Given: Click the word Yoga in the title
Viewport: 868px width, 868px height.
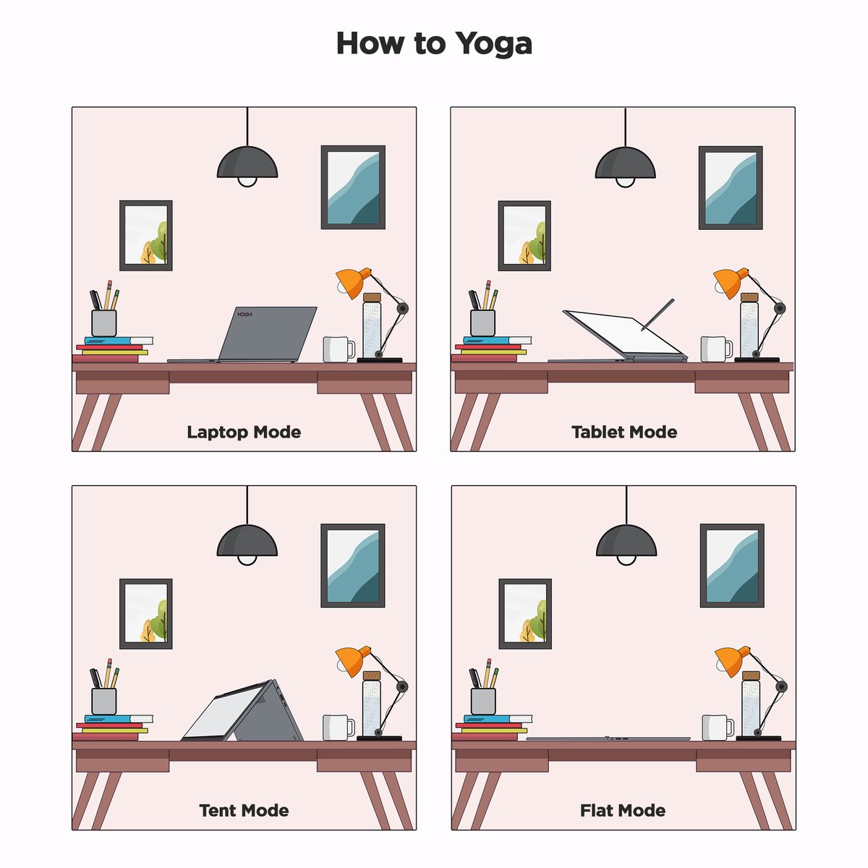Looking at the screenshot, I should (x=494, y=43).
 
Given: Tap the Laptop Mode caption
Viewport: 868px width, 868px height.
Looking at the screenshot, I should (x=244, y=433).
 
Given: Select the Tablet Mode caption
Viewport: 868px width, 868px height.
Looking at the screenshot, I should (x=624, y=433).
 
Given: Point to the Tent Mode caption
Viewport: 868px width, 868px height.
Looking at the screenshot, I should (x=244, y=811).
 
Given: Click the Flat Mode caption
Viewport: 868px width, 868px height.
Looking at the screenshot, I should (x=623, y=811).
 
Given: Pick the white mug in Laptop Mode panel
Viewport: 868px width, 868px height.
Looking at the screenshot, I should (x=336, y=349).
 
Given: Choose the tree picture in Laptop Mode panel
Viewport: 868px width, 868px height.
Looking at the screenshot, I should (x=146, y=236).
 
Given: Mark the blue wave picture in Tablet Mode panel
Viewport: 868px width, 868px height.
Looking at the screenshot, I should (x=731, y=188).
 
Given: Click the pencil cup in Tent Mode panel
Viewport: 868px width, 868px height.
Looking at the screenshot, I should (x=104, y=700).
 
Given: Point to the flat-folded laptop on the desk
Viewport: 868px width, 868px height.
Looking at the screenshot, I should (x=608, y=739).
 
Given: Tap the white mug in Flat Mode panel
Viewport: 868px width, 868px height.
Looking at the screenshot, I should (x=715, y=728).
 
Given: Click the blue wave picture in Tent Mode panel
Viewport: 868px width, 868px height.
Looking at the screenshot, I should (x=353, y=566).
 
